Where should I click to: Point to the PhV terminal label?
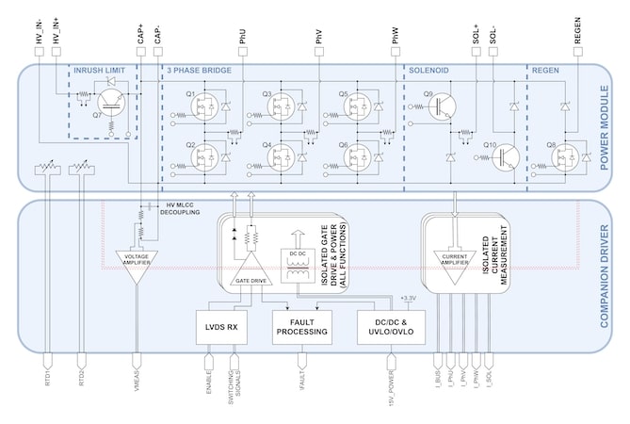(x=319, y=35)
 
